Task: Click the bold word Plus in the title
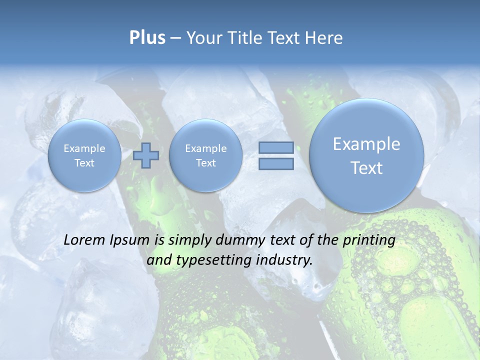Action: (147, 38)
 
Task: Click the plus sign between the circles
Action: (146, 155)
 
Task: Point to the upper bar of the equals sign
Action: (276, 147)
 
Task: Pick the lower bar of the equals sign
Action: (276, 163)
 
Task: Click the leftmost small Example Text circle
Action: (84, 155)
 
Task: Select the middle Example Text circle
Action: (205, 155)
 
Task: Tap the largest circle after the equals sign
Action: (366, 155)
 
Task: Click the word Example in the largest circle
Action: (366, 144)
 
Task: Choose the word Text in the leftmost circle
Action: (84, 163)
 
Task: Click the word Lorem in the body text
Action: (84, 240)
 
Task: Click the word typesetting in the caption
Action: (211, 260)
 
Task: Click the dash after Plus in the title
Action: (175, 38)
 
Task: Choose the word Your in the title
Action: (205, 38)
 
